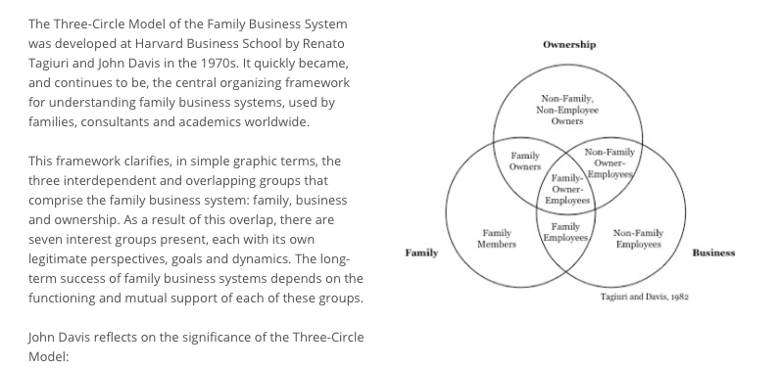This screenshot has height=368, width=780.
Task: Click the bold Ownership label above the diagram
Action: click(x=568, y=45)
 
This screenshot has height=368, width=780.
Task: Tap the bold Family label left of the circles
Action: click(x=421, y=253)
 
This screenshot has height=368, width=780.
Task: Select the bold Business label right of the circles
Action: click(x=713, y=253)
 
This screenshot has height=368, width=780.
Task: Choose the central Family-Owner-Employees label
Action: click(x=566, y=189)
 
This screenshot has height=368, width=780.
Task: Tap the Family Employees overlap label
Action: click(x=566, y=233)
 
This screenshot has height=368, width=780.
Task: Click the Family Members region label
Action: click(x=497, y=239)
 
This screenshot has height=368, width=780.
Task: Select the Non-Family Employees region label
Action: click(x=637, y=239)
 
